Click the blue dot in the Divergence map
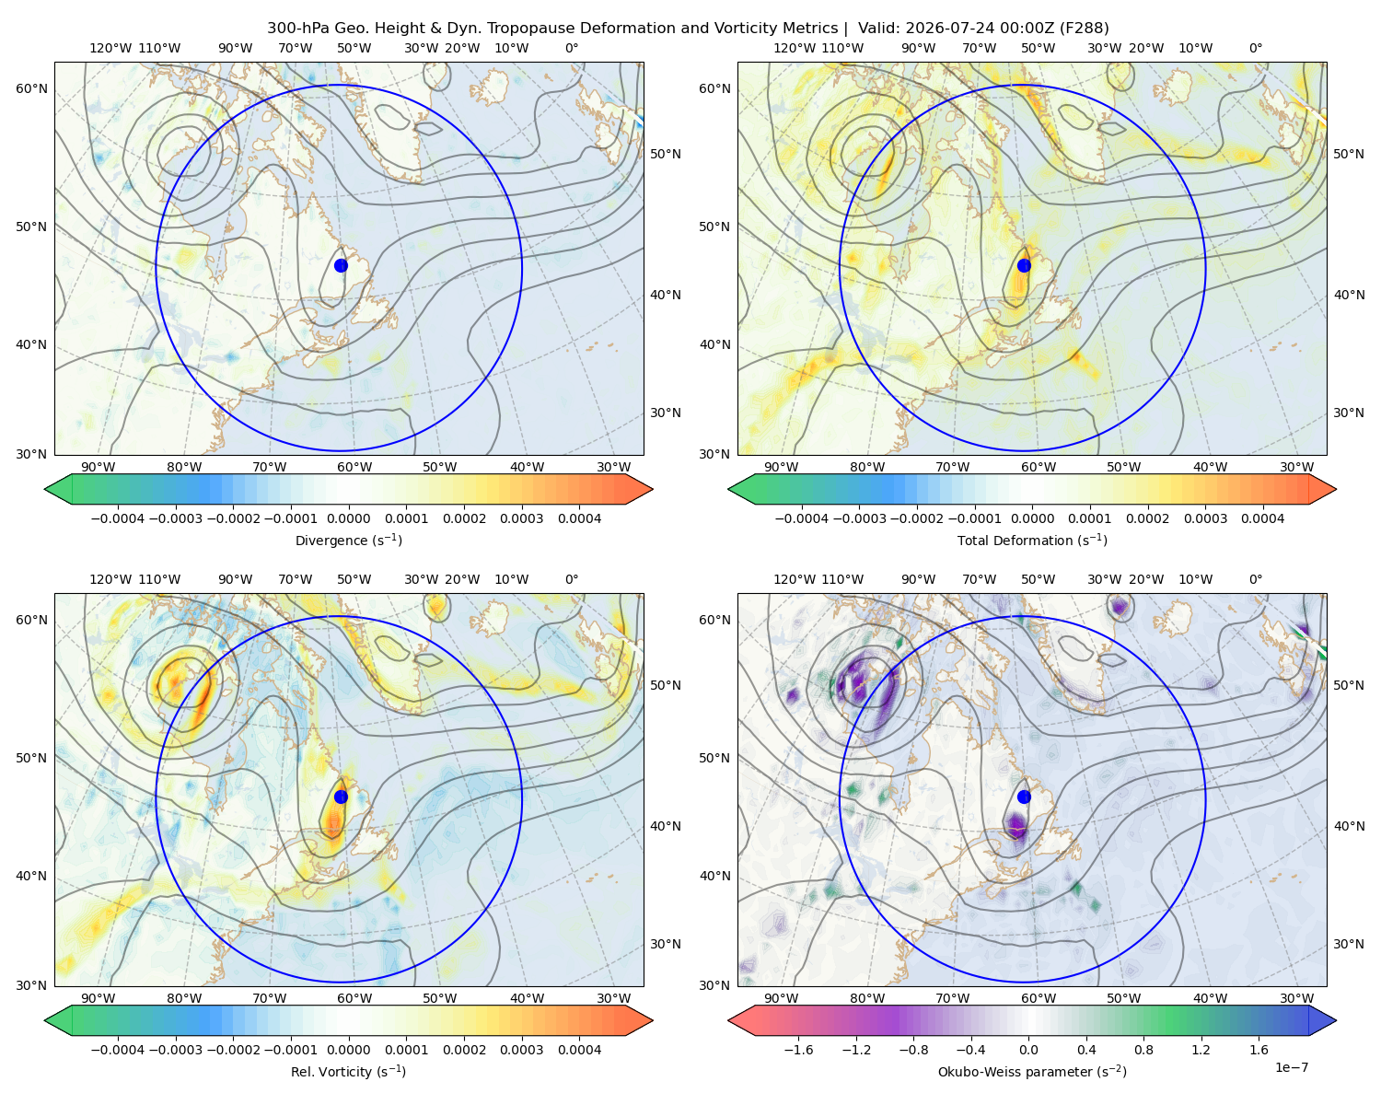(341, 265)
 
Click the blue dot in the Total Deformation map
(1024, 265)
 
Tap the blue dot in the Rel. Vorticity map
(341, 797)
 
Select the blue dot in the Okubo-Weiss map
(1024, 797)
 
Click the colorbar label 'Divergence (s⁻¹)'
(348, 540)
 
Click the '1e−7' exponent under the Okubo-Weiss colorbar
(1291, 1067)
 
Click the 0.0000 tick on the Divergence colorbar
(348, 518)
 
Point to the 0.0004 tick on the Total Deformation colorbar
(1263, 518)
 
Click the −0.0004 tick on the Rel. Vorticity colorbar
(118, 1050)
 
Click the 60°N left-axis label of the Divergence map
(31, 88)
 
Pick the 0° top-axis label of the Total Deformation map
(1256, 48)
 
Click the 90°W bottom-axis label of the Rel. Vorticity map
(99, 998)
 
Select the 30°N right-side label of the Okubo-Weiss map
(1349, 944)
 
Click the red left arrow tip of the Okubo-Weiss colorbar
(729, 1020)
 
